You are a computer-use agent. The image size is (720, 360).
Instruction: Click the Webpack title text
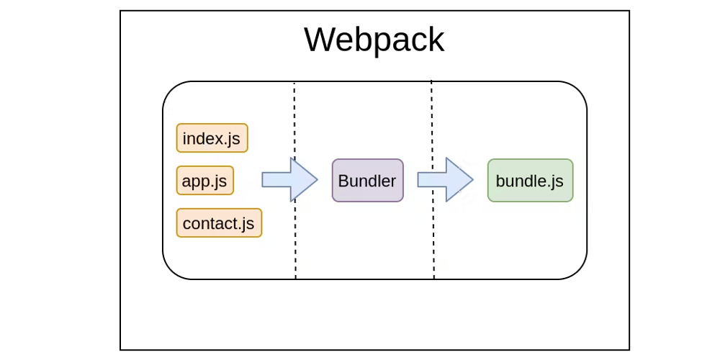point(374,40)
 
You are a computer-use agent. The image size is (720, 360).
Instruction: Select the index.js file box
point(212,138)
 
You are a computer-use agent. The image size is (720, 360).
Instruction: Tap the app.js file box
point(204,181)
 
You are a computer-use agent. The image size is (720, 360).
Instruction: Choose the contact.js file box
point(219,223)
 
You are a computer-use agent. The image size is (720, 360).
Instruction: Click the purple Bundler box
point(367,181)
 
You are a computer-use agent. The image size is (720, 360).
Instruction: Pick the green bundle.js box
point(530,181)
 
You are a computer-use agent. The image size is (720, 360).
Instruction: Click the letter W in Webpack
point(320,40)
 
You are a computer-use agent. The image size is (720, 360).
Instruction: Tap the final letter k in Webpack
point(436,40)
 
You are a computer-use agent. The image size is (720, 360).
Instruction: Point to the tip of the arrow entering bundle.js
point(472,180)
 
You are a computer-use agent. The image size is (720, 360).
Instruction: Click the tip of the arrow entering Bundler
point(316,180)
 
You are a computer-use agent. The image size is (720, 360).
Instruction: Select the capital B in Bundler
point(343,181)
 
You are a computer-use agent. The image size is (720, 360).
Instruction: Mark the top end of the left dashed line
point(294,84)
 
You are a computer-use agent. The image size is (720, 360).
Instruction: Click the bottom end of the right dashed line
point(433,277)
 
